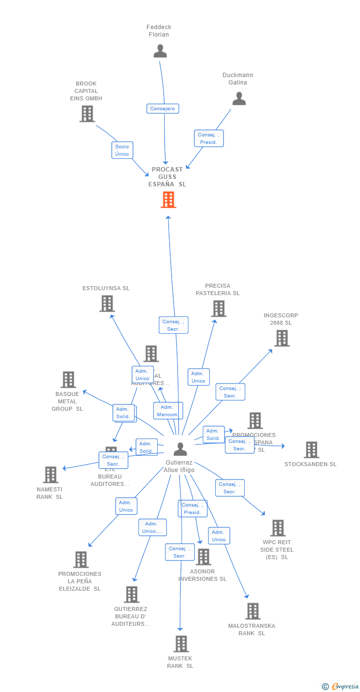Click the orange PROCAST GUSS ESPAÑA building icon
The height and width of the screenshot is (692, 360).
169,200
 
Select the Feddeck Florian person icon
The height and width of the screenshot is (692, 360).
160,51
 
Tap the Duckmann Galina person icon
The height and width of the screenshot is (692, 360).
239,99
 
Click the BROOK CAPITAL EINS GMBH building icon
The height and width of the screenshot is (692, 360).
87,114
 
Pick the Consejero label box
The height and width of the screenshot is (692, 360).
163,108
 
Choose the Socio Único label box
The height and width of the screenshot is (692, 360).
122,150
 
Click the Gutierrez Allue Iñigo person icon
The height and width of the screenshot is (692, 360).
180,449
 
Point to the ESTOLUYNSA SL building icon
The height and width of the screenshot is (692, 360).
107,303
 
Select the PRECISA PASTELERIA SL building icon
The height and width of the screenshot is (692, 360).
219,308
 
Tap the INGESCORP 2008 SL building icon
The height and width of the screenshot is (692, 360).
282,338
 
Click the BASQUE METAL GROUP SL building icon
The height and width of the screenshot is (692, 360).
68,380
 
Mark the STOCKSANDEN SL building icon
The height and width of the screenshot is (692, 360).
312,450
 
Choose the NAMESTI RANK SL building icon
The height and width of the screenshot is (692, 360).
50,475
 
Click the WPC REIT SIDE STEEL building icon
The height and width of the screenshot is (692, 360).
278,528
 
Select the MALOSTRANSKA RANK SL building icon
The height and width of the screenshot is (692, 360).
253,611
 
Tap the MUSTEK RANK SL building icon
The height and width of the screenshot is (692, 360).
181,644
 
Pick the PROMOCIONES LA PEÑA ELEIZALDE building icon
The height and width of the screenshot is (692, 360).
81,560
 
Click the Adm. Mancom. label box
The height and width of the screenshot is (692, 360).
168,411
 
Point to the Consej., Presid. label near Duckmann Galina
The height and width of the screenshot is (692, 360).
209,138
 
